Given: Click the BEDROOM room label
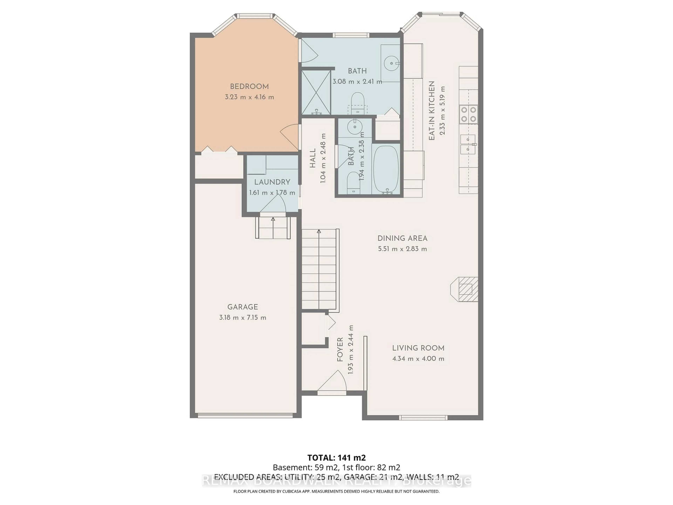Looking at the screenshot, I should click(249, 86).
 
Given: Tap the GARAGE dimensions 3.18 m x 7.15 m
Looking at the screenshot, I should click(243, 318).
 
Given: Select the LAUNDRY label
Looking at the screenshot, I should click(272, 182).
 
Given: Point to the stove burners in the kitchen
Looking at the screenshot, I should click(468, 114).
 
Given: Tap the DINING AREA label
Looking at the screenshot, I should click(402, 238).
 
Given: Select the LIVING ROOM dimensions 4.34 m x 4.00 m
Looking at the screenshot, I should click(418, 359).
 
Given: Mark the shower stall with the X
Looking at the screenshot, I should click(316, 92).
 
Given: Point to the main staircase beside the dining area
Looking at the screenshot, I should click(319, 269).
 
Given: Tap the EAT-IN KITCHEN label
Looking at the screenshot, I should click(431, 111).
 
